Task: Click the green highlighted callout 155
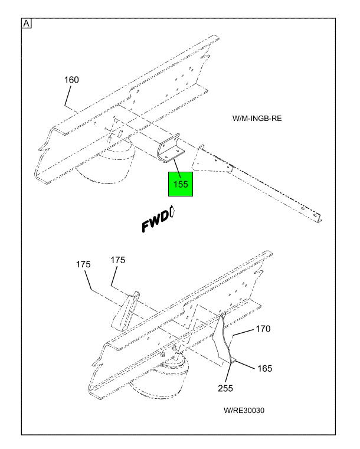(x=181, y=184)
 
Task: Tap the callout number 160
(x=71, y=80)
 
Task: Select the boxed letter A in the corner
(x=27, y=24)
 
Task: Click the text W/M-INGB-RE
(x=257, y=118)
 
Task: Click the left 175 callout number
(x=83, y=264)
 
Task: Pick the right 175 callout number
(x=118, y=260)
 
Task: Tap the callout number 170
(x=263, y=329)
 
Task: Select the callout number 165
(x=264, y=368)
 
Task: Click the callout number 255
(x=225, y=388)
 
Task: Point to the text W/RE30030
(x=244, y=410)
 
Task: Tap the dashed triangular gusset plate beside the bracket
(x=211, y=161)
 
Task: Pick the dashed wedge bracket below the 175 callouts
(x=126, y=312)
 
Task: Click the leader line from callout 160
(x=68, y=96)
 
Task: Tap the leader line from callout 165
(x=245, y=365)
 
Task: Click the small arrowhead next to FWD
(x=172, y=211)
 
